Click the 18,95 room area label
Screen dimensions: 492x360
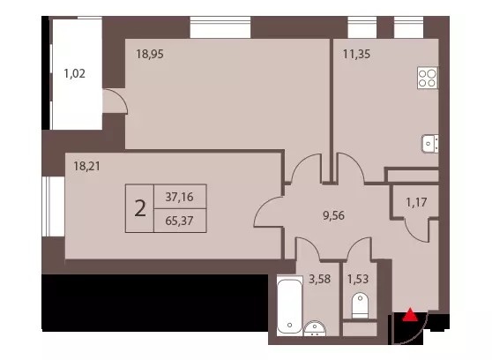point(150,55)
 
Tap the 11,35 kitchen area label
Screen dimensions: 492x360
point(356,54)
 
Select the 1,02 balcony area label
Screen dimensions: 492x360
point(74,74)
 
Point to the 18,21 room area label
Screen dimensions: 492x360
point(87,166)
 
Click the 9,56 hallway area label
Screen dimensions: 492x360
point(333,215)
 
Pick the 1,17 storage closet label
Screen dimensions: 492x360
point(416,203)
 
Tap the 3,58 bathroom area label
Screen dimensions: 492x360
point(319,279)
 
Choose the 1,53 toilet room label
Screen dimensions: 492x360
point(358,279)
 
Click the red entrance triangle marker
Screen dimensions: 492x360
point(410,315)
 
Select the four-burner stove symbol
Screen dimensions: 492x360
point(428,78)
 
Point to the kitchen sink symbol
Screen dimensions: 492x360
point(430,144)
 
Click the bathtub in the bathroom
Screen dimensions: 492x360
point(289,305)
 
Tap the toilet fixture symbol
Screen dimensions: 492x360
point(360,305)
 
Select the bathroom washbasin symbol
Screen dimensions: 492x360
point(315,329)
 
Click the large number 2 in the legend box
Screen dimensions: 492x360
point(140,208)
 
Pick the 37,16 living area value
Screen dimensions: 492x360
point(179,197)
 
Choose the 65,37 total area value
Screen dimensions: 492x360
point(179,221)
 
